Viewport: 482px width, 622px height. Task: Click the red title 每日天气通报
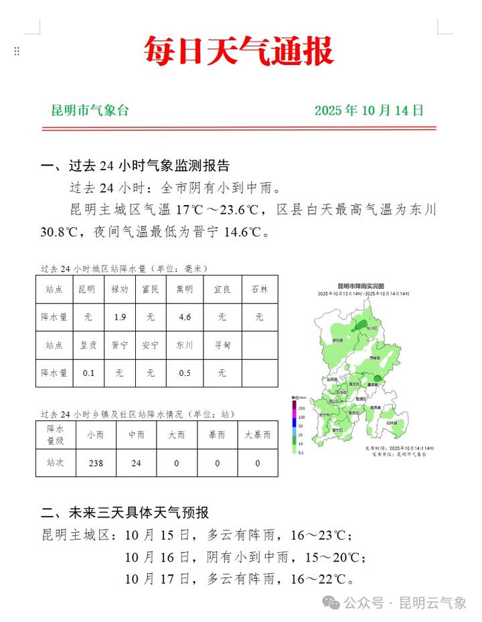(240, 51)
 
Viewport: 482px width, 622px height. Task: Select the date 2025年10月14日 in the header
(369, 111)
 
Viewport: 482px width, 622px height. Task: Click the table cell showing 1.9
(120, 317)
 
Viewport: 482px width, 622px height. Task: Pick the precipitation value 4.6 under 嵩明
(184, 317)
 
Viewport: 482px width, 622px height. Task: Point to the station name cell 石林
(259, 290)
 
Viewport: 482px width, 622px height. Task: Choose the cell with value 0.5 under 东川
(184, 373)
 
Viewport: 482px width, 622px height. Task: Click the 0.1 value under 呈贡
(88, 373)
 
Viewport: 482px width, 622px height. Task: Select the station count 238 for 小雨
(95, 463)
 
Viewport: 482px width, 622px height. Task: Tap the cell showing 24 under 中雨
(136, 463)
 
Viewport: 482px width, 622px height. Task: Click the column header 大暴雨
(258, 435)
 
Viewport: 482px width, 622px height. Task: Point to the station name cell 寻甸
(222, 345)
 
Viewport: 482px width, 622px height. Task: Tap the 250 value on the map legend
(301, 408)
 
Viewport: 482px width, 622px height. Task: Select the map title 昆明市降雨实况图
(361, 286)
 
